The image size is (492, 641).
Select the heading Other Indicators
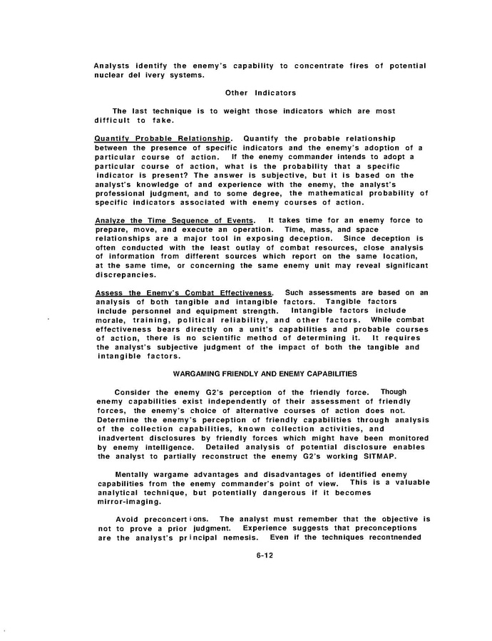(260, 93)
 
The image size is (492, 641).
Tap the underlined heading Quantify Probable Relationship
(163, 138)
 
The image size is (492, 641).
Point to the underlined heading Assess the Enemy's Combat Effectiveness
(184, 292)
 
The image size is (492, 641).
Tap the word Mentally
(135, 473)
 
